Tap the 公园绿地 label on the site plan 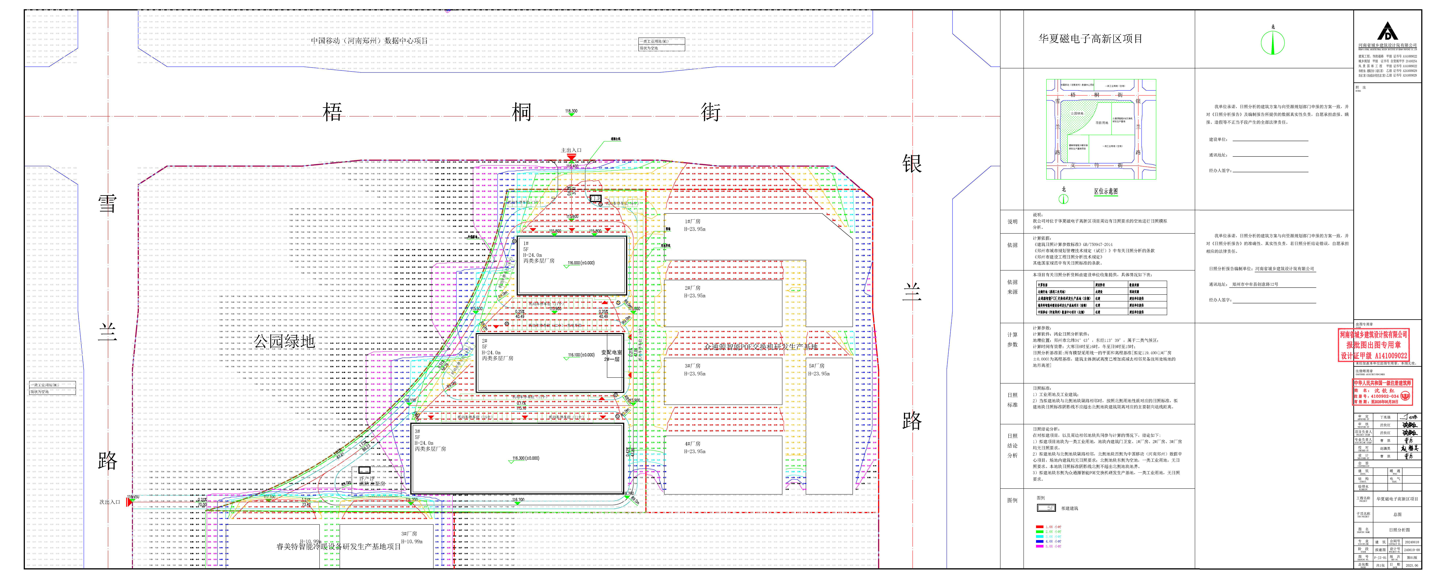pos(284,341)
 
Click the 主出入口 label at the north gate pos(571,150)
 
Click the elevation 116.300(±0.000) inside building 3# pos(526,459)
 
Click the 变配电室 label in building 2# pos(612,352)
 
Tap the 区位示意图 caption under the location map pos(1106,191)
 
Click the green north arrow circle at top pos(1273,43)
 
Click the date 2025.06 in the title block pos(1412,565)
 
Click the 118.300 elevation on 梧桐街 pos(571,111)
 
